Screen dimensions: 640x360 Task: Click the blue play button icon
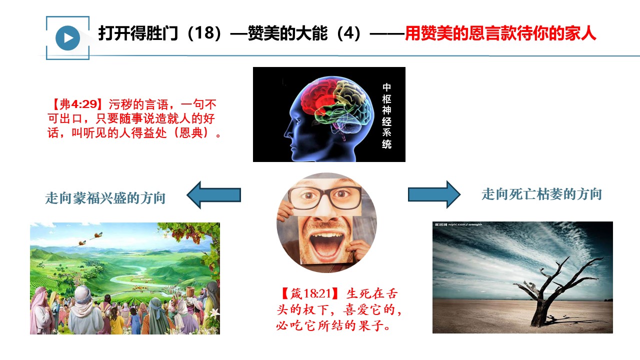click(x=67, y=38)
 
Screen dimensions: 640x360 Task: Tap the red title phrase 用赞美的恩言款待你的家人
click(x=500, y=33)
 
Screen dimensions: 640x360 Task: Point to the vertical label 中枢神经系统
click(x=386, y=116)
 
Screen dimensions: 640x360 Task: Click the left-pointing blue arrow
click(x=213, y=195)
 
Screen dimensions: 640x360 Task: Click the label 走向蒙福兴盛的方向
click(x=105, y=198)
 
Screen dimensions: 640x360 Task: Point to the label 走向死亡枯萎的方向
click(x=541, y=194)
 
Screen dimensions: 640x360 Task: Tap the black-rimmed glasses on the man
click(x=324, y=196)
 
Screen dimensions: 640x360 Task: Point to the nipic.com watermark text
click(x=458, y=224)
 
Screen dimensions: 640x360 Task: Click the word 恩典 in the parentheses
click(x=191, y=132)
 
